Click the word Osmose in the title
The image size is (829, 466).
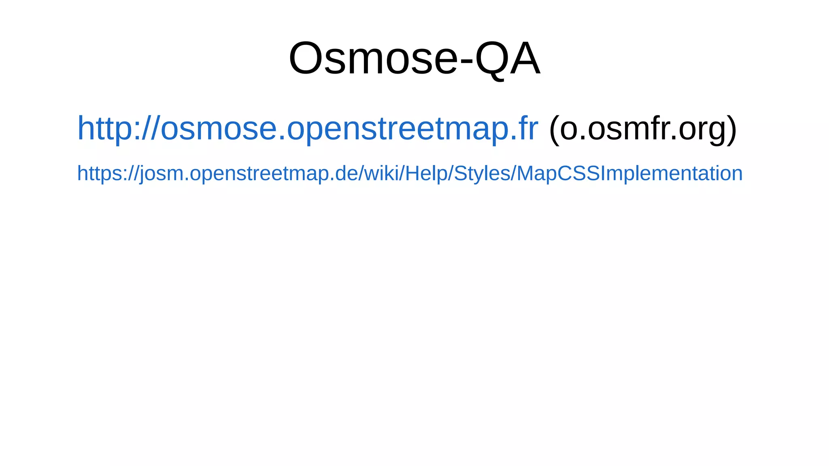pyautogui.click(x=372, y=59)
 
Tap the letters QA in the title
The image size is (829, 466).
pyautogui.click(x=508, y=59)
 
